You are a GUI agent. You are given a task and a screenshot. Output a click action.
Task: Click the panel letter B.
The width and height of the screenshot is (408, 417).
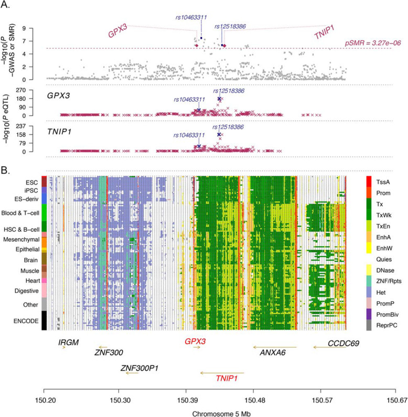tap(6, 170)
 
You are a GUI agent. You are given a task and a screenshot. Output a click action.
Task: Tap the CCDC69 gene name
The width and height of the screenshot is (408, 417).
tap(343, 343)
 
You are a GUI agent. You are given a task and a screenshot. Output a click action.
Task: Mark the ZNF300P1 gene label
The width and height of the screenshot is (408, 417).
tap(139, 368)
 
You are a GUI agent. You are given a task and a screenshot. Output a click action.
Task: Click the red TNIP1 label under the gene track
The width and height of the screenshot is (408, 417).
tap(227, 378)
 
